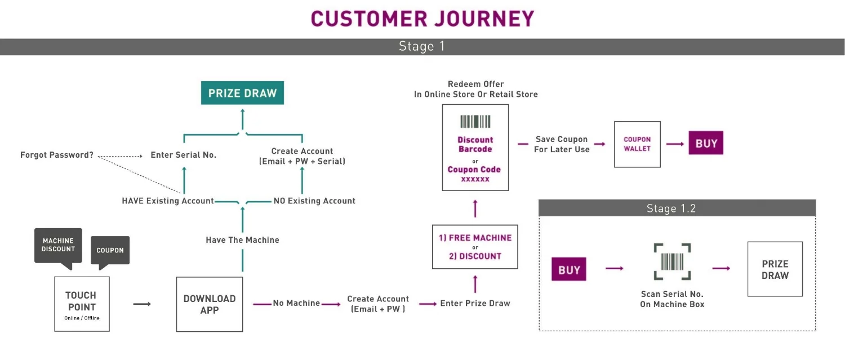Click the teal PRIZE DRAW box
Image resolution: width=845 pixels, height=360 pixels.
click(242, 93)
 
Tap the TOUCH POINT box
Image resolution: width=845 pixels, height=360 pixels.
click(82, 304)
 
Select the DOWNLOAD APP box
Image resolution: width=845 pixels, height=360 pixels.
click(210, 304)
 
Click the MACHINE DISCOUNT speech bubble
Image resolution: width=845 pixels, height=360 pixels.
click(58, 245)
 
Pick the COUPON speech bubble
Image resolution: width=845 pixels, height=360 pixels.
click(110, 250)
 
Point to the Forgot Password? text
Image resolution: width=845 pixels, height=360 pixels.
click(57, 155)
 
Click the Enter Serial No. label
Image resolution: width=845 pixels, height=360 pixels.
click(183, 155)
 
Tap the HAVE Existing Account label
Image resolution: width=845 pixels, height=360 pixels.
click(168, 201)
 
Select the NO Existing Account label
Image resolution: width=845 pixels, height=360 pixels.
click(314, 201)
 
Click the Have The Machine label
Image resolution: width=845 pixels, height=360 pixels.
click(242, 240)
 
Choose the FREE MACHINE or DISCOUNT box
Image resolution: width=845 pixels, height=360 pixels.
click(475, 247)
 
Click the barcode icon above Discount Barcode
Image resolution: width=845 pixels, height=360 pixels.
click(475, 122)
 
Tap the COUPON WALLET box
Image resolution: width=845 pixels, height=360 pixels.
click(637, 144)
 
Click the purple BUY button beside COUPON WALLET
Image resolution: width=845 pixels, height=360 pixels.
click(706, 144)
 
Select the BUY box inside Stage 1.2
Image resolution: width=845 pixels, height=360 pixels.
click(569, 270)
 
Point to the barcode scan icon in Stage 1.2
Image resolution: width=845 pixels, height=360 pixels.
click(672, 262)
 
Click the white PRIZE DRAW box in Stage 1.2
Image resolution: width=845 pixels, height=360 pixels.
click(775, 269)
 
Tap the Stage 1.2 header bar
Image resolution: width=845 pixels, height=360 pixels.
click(677, 208)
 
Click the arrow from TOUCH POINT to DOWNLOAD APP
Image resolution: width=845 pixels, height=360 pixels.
click(142, 304)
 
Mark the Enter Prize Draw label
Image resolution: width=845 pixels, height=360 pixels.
click(475, 303)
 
